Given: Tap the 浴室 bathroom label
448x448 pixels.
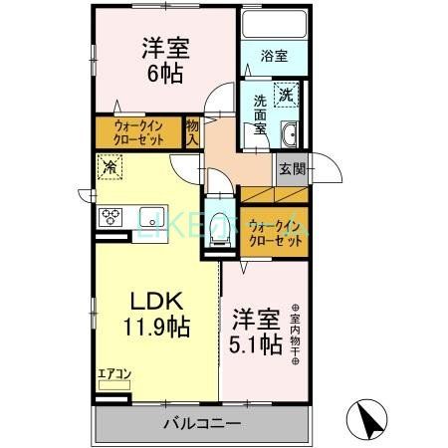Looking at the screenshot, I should pyautogui.click(x=275, y=57).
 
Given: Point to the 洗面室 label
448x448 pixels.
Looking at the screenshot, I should pyautogui.click(x=259, y=112).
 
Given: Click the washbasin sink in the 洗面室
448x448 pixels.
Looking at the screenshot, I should pyautogui.click(x=289, y=135).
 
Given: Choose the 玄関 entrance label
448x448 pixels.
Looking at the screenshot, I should pyautogui.click(x=292, y=169).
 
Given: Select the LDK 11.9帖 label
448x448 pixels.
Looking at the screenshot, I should pyautogui.click(x=155, y=312).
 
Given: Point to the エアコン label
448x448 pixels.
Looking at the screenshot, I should pyautogui.click(x=112, y=375).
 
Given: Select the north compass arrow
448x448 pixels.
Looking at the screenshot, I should pyautogui.click(x=368, y=417).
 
